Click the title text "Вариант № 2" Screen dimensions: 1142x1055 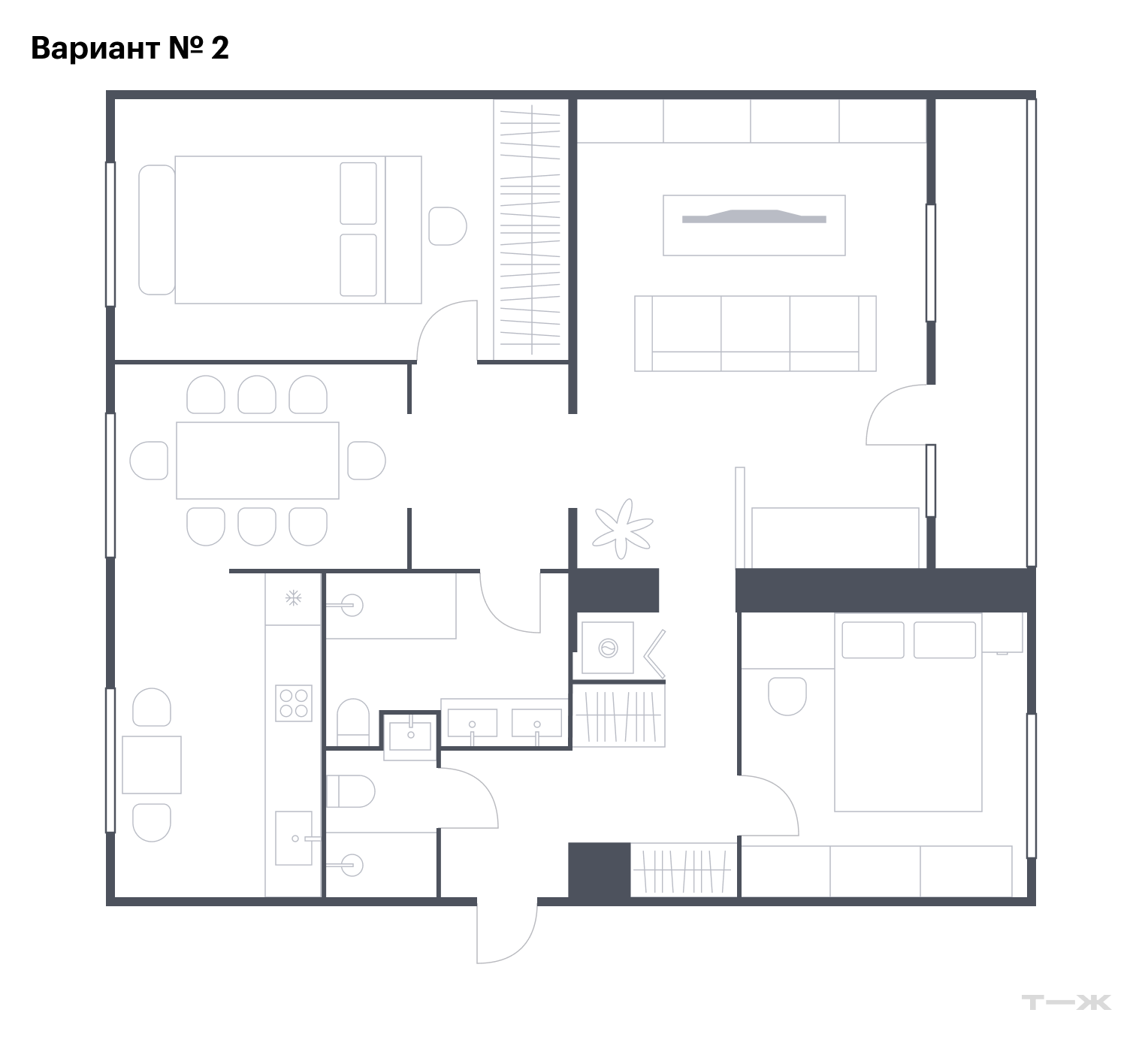130,48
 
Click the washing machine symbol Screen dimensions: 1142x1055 607,647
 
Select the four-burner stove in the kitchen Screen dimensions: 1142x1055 294,703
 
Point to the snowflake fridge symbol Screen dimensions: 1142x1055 293,598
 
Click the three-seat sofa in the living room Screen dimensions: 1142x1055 755,333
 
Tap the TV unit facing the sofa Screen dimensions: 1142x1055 754,225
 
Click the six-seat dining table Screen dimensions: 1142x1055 258,460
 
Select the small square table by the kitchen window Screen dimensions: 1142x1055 152,764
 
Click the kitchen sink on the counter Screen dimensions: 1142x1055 294,838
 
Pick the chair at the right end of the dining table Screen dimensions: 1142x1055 367,460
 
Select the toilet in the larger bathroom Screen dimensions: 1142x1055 352,723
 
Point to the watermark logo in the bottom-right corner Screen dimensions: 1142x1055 1066,1002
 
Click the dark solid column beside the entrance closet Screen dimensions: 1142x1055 599,870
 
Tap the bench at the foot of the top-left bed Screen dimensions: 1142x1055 157,229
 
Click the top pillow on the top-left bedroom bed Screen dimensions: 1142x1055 358,193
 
